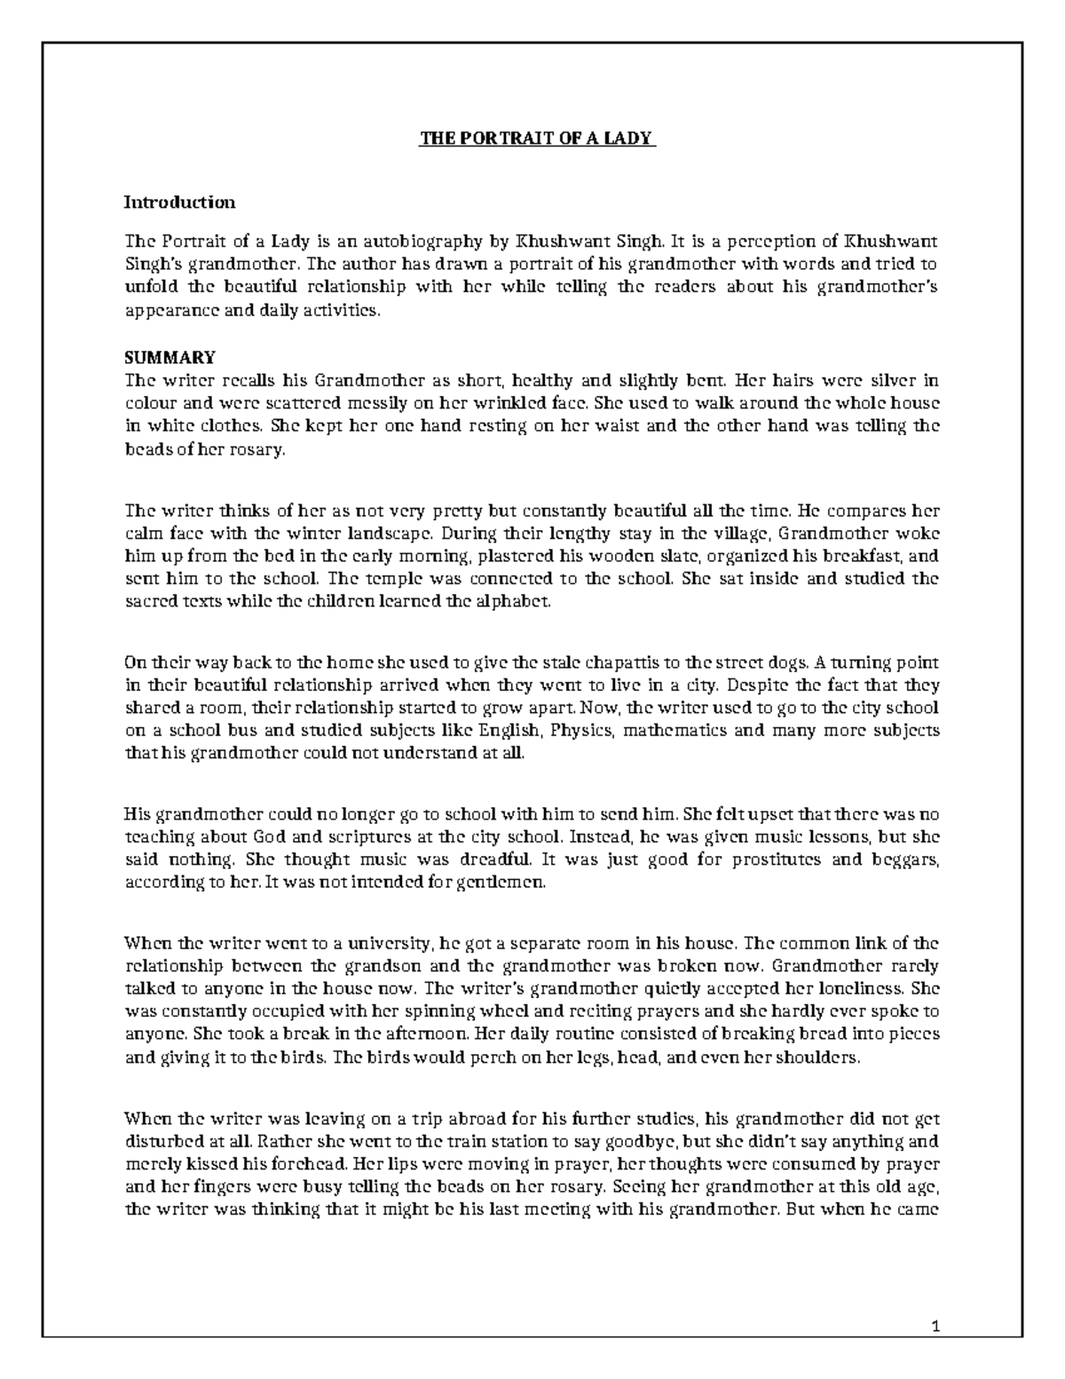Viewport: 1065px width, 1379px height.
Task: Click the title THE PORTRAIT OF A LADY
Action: click(536, 139)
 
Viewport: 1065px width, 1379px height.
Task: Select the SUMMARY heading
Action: click(170, 358)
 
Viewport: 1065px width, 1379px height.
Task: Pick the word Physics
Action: click(574, 732)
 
